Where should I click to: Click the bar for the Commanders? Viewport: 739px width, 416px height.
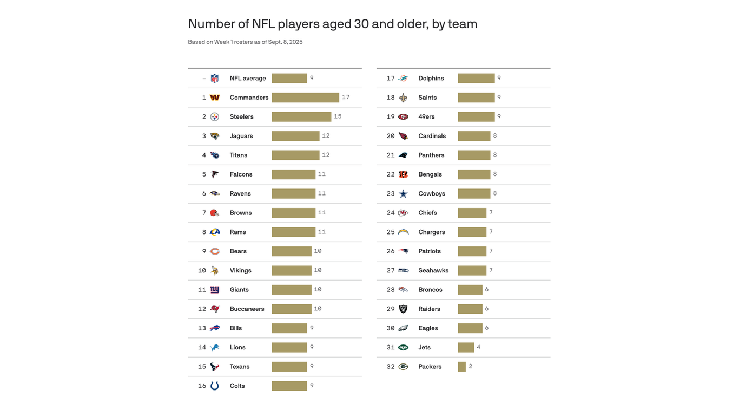pos(305,97)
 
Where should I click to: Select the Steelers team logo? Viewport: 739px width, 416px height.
pos(215,117)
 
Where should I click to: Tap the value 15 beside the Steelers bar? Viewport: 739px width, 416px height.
pos(338,116)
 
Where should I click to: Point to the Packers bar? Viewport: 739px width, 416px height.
pos(461,367)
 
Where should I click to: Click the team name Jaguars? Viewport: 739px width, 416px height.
pos(241,136)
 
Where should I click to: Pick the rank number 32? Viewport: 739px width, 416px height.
pos(391,367)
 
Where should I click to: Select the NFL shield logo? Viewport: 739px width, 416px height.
pos(215,79)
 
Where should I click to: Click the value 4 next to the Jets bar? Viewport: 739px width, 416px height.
pos(478,347)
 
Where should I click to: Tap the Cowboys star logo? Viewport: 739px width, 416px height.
pos(403,194)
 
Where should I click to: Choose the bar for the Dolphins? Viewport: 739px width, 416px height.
pos(476,79)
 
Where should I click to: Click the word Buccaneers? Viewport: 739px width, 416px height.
pos(247,309)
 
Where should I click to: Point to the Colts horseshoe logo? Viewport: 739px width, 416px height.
pos(215,386)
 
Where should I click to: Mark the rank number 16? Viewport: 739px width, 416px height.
pos(202,386)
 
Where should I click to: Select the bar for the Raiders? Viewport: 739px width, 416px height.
pos(470,309)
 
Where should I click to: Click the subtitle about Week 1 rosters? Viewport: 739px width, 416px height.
pos(245,42)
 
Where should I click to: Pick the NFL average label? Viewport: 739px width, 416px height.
pos(248,79)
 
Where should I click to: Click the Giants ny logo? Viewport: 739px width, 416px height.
pos(215,290)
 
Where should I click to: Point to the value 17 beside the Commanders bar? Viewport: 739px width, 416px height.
pos(346,97)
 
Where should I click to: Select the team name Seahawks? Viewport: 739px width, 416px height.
pos(433,270)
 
